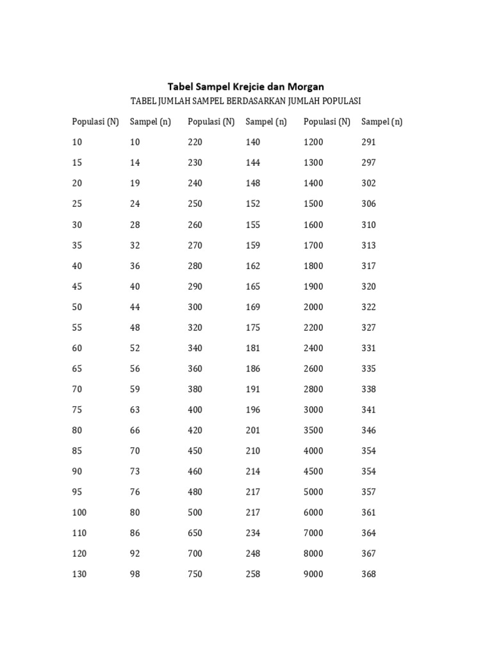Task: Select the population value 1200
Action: [313, 142]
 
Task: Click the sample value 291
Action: [368, 142]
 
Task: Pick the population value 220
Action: [195, 142]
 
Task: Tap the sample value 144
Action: [253, 163]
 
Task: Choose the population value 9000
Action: [313, 574]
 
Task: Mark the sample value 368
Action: [368, 574]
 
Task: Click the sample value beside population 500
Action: [253, 512]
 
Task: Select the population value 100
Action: [79, 512]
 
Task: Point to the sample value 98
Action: [135, 574]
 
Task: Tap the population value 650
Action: [195, 533]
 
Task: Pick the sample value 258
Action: [253, 574]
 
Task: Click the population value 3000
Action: [313, 409]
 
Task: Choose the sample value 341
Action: [368, 409]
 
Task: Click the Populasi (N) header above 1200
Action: [327, 122]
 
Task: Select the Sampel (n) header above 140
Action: [266, 122]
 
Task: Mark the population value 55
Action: [77, 327]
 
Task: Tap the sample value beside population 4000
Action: [368, 450]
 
